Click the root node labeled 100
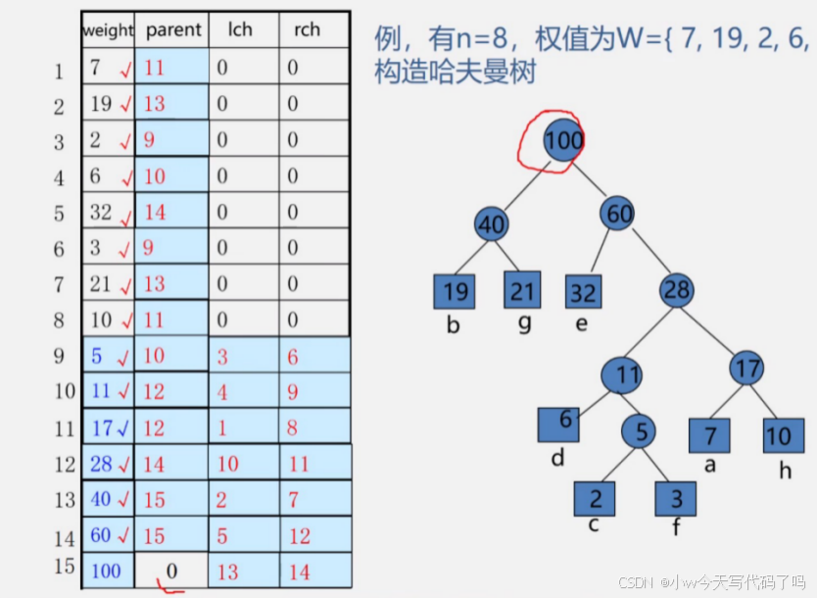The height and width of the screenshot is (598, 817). tap(563, 140)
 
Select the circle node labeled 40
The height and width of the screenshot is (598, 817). tap(491, 224)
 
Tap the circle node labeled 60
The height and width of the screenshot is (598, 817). tap(619, 212)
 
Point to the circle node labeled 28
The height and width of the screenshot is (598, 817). tap(677, 290)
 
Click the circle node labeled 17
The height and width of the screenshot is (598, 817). tap(747, 370)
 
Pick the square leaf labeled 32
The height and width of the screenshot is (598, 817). tap(583, 292)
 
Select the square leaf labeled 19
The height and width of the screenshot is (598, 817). tap(453, 291)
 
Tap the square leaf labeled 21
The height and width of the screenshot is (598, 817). tap(522, 290)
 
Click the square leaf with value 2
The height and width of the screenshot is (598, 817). tap(595, 498)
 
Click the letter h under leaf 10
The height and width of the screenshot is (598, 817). tap(785, 472)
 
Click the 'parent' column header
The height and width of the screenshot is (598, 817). tap(172, 29)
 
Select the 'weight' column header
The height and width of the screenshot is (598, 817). tap(108, 30)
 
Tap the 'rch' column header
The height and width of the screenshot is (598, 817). tap(307, 29)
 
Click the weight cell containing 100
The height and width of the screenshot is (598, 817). tap(108, 571)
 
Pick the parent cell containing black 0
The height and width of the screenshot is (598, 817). tap(172, 571)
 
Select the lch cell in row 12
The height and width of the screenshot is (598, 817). tap(243, 463)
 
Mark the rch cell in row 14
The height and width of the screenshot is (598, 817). tap(314, 535)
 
